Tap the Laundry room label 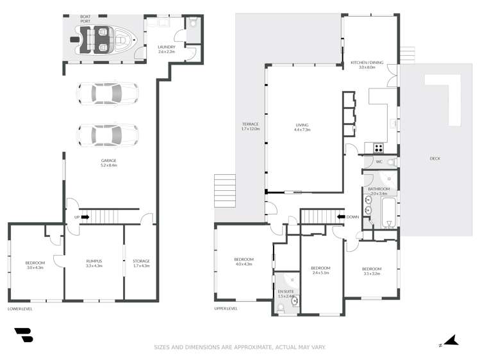[167, 49]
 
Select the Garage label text [108, 163]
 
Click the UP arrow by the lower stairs [81, 217]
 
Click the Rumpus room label [94, 263]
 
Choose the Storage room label [141, 263]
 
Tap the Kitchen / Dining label [367, 64]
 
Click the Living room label [302, 127]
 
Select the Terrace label [250, 126]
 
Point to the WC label [379, 162]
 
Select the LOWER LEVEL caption [20, 309]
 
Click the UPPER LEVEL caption [226, 309]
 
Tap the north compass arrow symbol [451, 341]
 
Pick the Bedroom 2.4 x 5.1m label [320, 270]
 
